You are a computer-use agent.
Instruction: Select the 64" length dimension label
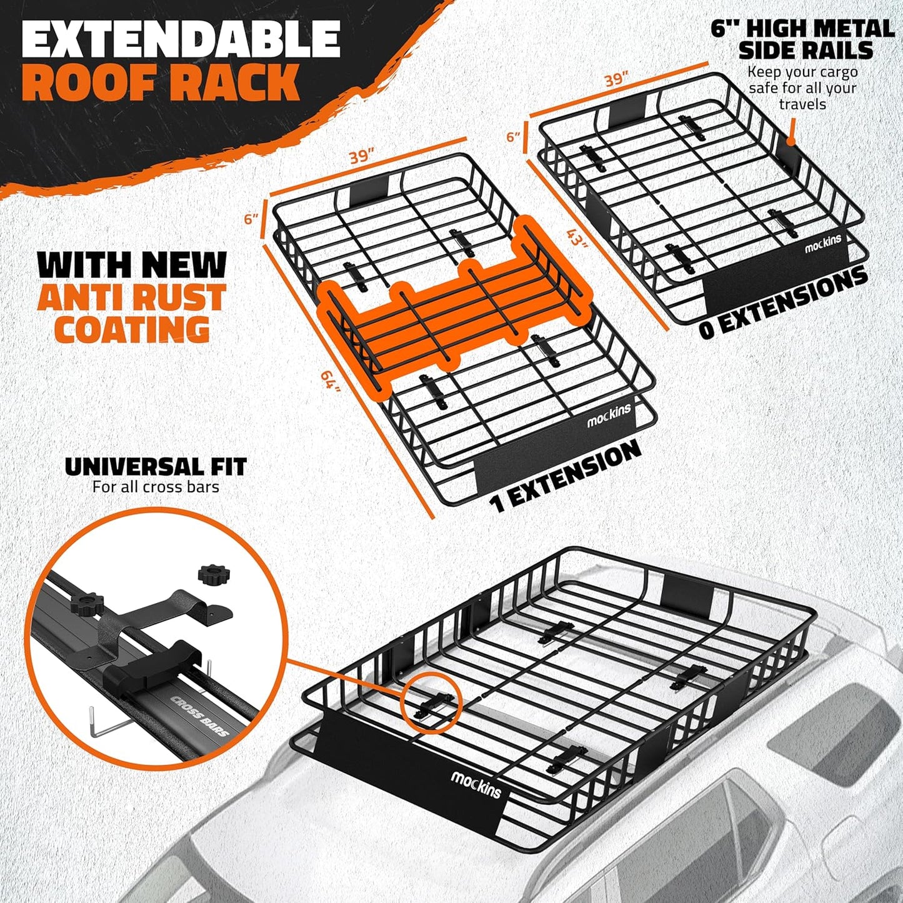point(331,382)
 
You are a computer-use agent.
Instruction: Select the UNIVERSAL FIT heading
point(156,467)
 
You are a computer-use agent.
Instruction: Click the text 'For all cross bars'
point(156,487)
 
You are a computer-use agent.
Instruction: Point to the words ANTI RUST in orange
point(131,298)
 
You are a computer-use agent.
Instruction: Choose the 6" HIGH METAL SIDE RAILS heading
point(803,39)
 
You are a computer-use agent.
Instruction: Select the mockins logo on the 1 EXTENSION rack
point(609,415)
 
